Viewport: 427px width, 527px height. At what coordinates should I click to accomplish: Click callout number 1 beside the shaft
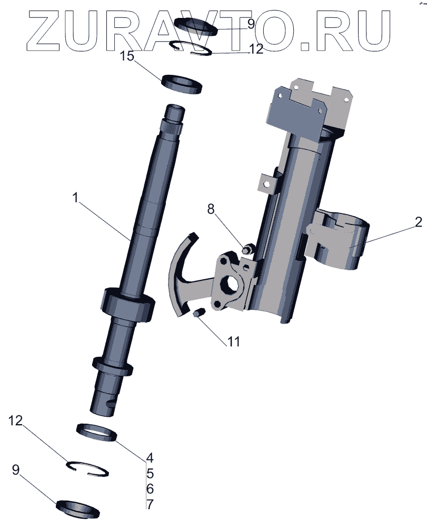click(76, 198)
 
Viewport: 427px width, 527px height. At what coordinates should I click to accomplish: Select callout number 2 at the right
click(418, 222)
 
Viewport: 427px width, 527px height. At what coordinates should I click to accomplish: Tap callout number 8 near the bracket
click(211, 209)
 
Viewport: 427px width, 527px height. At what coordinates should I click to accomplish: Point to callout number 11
click(233, 341)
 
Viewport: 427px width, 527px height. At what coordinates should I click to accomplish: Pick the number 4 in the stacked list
click(150, 457)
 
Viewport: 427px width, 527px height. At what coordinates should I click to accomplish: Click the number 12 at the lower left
click(16, 421)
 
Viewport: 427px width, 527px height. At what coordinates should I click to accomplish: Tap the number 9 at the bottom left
click(16, 469)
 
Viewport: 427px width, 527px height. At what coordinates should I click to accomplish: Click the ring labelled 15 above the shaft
click(182, 84)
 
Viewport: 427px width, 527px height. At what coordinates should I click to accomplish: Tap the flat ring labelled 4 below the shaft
click(96, 432)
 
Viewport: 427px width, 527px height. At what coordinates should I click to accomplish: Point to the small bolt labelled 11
click(198, 315)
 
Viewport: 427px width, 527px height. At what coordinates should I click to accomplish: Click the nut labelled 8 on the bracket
click(246, 247)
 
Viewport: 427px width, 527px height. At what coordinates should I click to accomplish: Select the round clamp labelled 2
click(340, 240)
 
